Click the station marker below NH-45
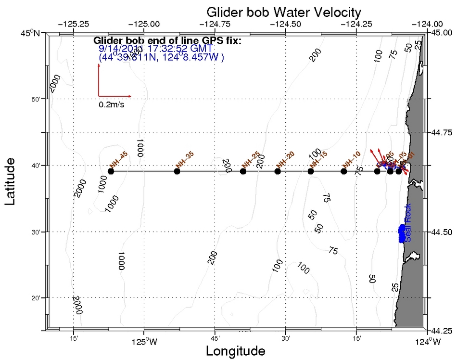point(111,171)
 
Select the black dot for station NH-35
point(177,171)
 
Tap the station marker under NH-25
point(243,171)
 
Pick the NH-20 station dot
point(278,171)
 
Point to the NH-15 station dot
point(311,171)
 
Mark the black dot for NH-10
point(343,171)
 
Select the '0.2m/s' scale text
point(112,104)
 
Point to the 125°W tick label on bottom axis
point(144,342)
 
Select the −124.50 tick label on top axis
point(286,24)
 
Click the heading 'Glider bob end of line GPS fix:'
point(167,40)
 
